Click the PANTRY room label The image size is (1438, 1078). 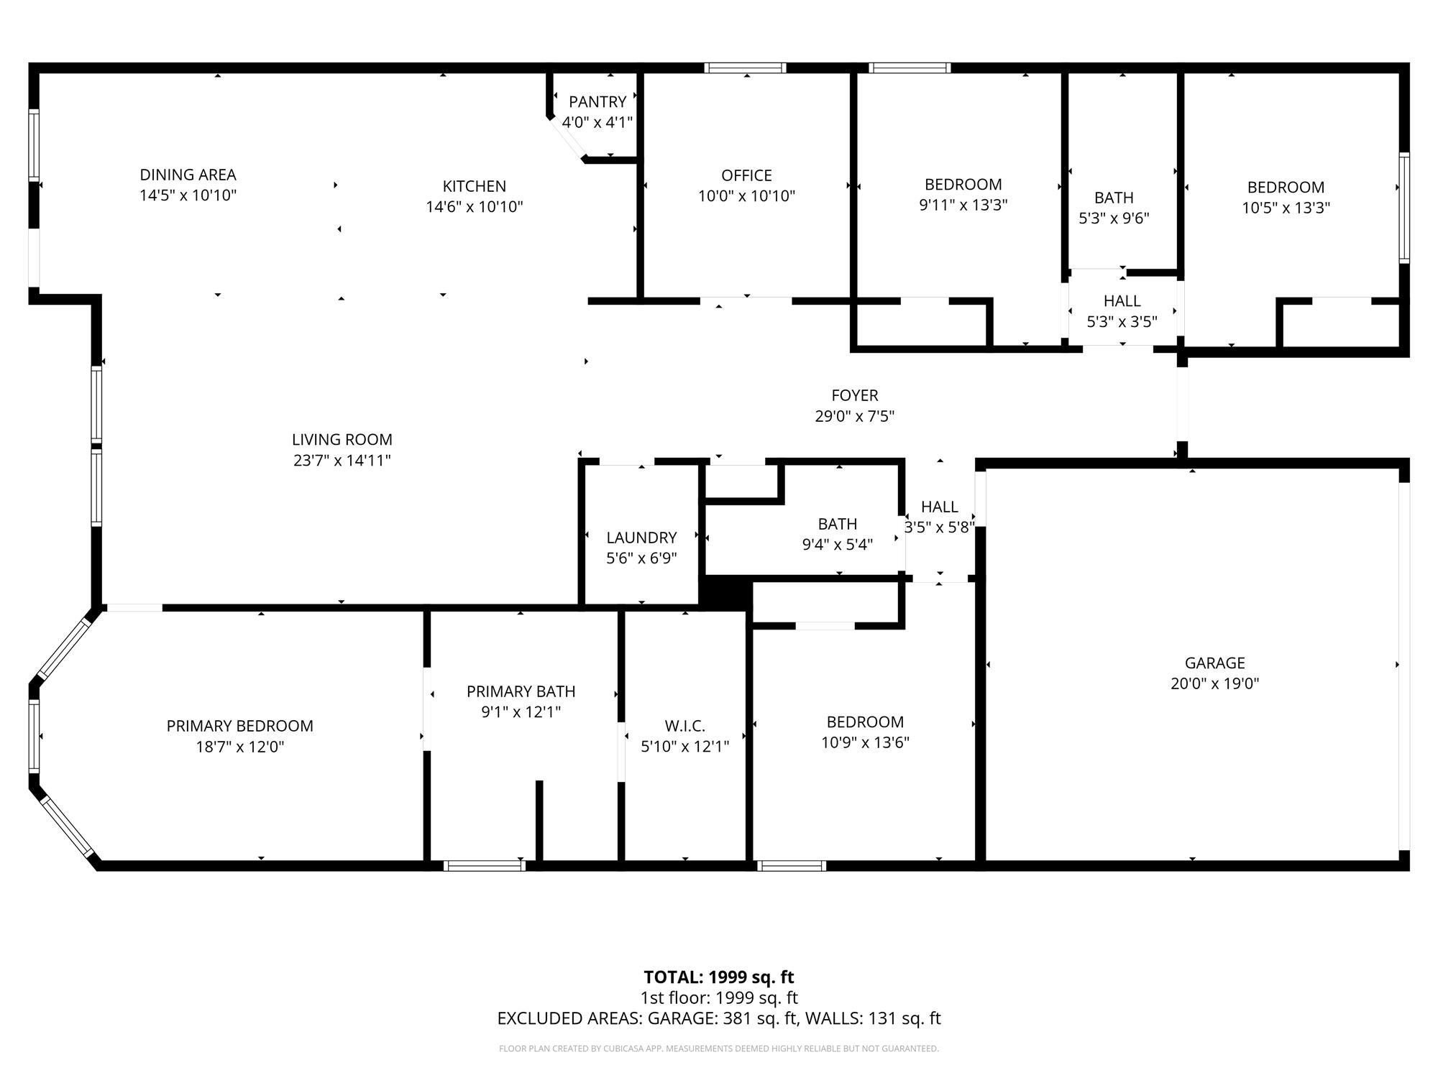(597, 102)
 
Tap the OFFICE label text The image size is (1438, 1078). (746, 175)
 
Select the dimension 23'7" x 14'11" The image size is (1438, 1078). (342, 461)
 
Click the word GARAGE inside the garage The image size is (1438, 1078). (1215, 663)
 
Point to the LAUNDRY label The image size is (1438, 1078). (641, 538)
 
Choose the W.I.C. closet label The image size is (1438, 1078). (685, 726)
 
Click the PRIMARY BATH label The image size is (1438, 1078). (521, 691)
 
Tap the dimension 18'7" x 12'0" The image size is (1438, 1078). (240, 747)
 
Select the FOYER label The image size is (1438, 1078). (855, 395)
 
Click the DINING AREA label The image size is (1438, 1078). (188, 175)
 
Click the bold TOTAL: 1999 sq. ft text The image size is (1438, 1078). (719, 977)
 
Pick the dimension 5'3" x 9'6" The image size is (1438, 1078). (1114, 218)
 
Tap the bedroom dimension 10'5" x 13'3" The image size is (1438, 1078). (1286, 208)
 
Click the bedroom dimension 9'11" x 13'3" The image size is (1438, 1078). (963, 206)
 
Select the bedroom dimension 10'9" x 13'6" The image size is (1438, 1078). (866, 743)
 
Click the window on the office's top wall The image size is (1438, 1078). (746, 68)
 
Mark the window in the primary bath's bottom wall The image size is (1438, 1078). (485, 866)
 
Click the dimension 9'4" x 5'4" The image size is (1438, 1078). (838, 545)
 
